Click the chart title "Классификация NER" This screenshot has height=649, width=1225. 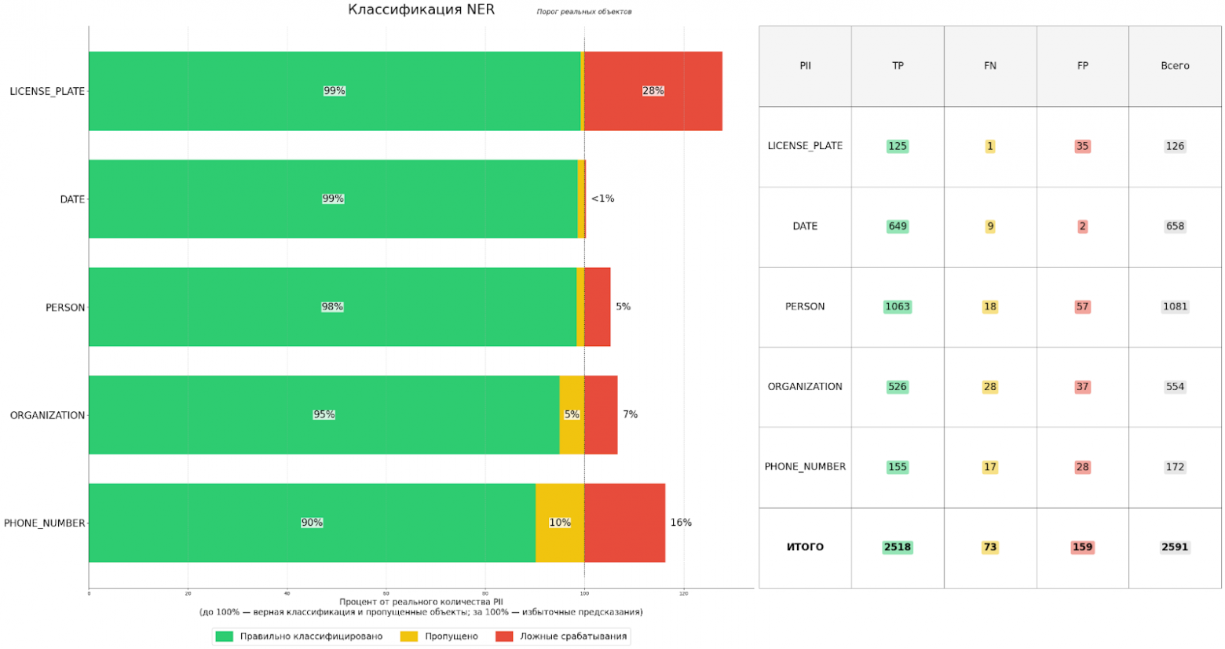coord(421,10)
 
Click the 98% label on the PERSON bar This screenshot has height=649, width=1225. coord(332,307)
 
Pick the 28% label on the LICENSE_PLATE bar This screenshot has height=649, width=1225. coord(653,91)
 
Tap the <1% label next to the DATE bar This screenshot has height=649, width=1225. coord(602,199)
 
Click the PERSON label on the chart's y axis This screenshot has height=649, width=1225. coord(65,308)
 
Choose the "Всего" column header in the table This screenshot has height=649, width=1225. coord(1175,66)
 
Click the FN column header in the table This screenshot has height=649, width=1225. coord(990,66)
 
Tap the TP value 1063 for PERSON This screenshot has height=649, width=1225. coord(898,307)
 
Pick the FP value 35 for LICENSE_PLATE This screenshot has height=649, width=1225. coord(1082,146)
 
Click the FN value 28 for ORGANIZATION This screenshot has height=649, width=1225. coord(990,387)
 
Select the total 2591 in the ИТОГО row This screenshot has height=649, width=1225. coord(1175,547)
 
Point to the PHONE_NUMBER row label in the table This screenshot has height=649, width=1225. coord(805,467)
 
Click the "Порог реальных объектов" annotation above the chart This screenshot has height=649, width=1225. coord(583,12)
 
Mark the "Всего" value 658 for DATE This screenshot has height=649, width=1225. coord(1175,226)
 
